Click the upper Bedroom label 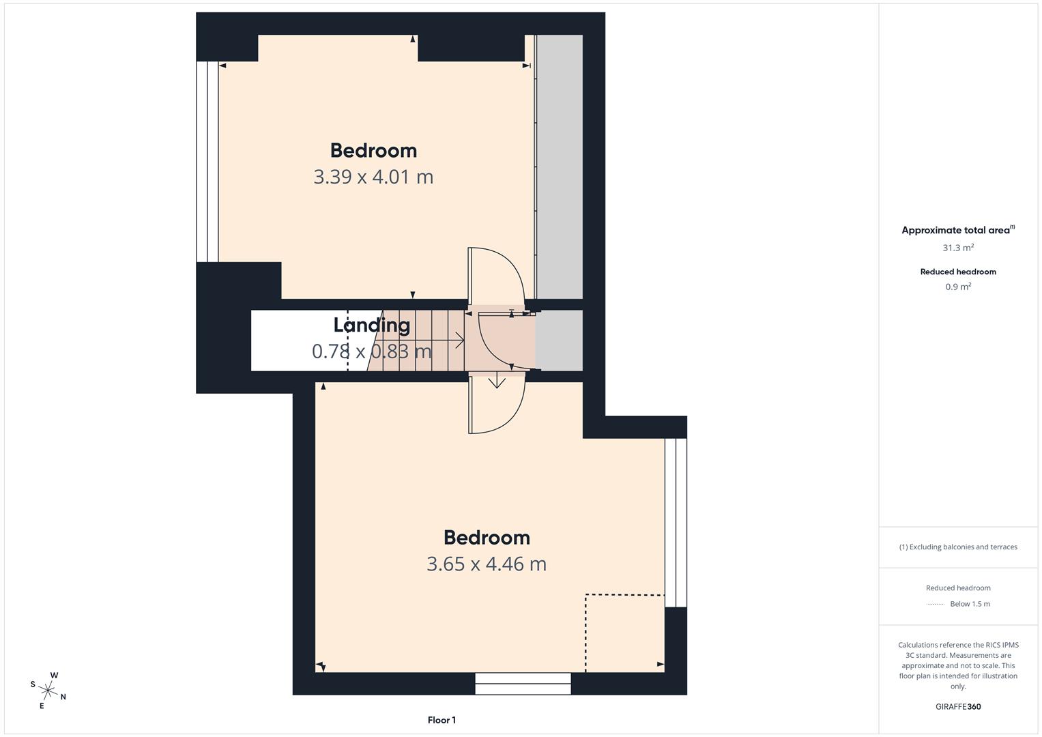[373, 150]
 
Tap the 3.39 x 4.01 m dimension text [373, 177]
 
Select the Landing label [371, 325]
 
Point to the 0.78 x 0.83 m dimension [371, 351]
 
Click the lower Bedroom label [487, 538]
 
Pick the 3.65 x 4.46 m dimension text [487, 564]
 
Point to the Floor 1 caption [442, 720]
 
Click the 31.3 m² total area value [958, 248]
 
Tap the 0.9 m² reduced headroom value [958, 287]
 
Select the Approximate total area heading [957, 230]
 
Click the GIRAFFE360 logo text [958, 706]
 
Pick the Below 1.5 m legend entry [970, 604]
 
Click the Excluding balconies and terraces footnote [958, 547]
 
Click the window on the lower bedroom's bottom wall [523, 683]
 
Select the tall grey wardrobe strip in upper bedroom [559, 167]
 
